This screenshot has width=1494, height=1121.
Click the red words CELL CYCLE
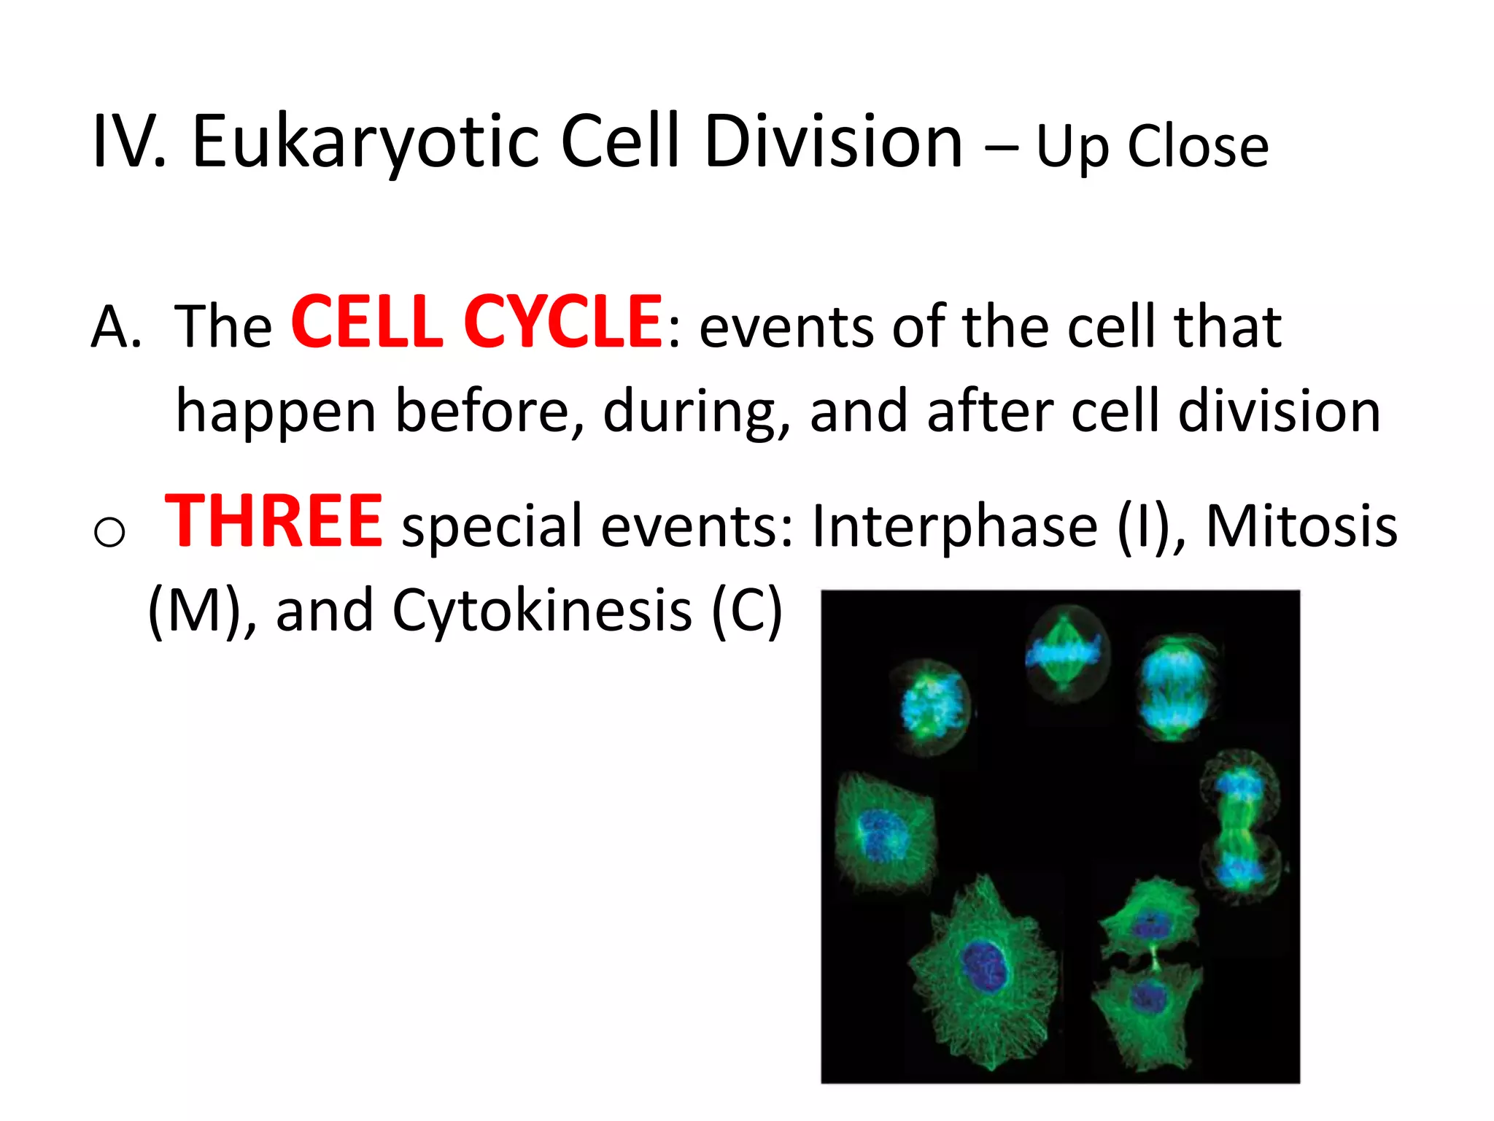(x=476, y=322)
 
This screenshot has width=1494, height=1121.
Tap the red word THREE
(x=274, y=521)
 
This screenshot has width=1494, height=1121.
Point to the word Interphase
(x=954, y=525)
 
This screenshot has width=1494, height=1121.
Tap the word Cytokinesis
(x=542, y=610)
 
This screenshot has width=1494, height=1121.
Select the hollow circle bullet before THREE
(x=109, y=531)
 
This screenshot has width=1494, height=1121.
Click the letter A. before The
(x=116, y=327)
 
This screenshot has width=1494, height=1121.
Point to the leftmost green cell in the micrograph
(x=884, y=832)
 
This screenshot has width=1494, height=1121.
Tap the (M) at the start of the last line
(x=193, y=610)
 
